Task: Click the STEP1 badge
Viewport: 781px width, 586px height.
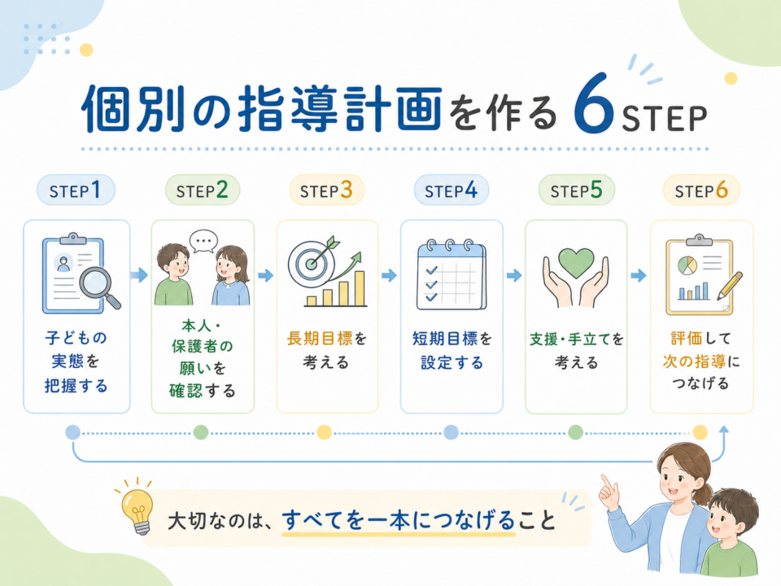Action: click(76, 190)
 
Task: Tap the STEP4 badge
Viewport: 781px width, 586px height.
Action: click(452, 190)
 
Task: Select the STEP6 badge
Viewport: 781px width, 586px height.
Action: click(701, 190)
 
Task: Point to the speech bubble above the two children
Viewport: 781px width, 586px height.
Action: click(203, 241)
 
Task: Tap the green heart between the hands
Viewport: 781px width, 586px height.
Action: click(576, 263)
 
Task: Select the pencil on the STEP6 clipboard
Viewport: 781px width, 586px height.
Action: click(730, 286)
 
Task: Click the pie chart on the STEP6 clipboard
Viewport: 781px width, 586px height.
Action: click(687, 265)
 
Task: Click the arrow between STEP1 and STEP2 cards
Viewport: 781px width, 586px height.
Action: click(139, 275)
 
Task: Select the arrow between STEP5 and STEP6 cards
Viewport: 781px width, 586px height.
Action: click(639, 275)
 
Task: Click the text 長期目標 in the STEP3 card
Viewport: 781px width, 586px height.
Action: click(320, 339)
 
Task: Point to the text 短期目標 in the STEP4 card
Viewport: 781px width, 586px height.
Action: click(445, 339)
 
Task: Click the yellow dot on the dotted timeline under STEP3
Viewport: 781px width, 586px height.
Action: click(325, 432)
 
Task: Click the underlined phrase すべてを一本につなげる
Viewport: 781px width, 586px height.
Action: click(399, 521)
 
